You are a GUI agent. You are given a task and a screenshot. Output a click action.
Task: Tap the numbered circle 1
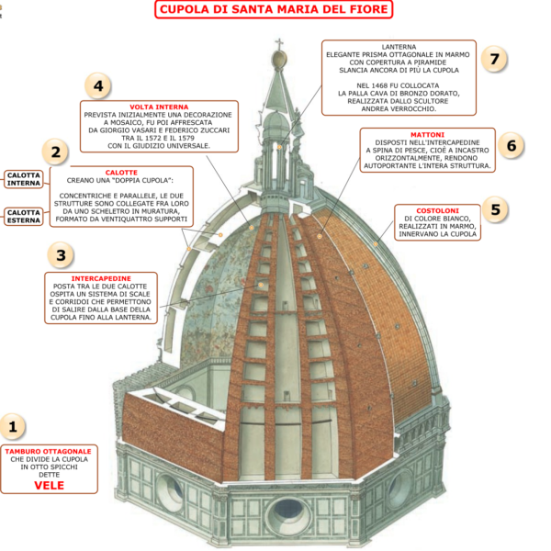pyautogui.click(x=13, y=426)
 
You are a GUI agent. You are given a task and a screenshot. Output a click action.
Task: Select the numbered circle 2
pyautogui.click(x=56, y=152)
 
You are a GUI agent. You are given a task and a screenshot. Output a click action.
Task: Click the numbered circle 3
pyautogui.click(x=61, y=255)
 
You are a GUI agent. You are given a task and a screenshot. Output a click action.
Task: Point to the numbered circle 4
pyautogui.click(x=98, y=86)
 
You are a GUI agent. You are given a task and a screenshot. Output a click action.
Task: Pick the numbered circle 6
pyautogui.click(x=514, y=145)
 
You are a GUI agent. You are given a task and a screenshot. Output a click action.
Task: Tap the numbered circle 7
pyautogui.click(x=495, y=60)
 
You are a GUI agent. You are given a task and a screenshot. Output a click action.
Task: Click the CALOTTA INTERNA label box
pyautogui.click(x=24, y=178)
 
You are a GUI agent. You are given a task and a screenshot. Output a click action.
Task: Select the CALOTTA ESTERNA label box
pyautogui.click(x=24, y=218)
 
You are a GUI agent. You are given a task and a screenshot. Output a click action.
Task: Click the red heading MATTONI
pyautogui.click(x=427, y=134)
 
